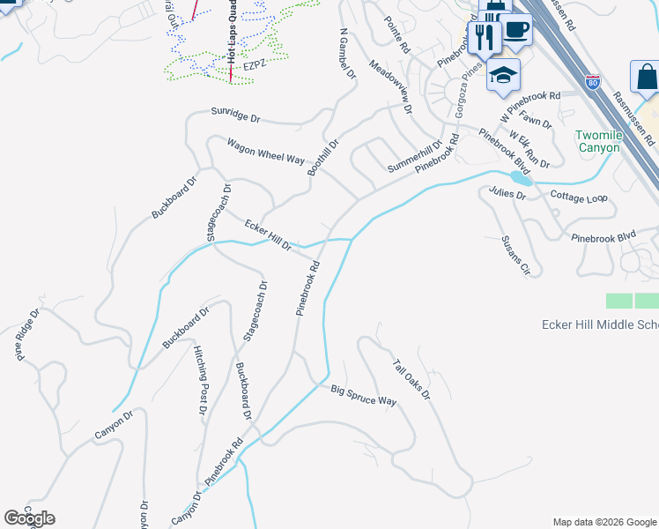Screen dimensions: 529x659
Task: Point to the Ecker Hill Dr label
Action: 269,235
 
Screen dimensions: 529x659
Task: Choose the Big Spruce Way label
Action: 364,395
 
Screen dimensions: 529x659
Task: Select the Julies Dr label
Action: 507,193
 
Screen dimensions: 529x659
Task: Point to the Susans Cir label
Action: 515,256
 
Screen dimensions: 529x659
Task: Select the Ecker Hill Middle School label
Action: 599,325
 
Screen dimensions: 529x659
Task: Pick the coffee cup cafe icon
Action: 516,29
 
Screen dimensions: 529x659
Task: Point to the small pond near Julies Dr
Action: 522,179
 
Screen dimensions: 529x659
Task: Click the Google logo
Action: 29,518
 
